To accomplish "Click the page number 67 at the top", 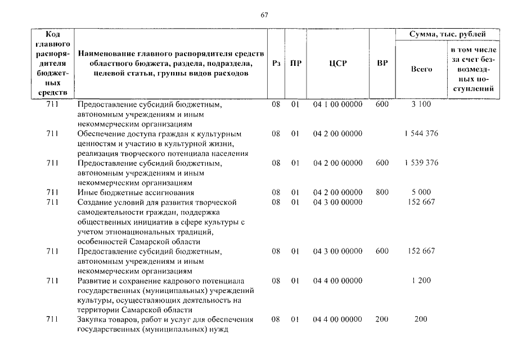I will pos(264,15).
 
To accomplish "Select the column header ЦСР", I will pos(337,64).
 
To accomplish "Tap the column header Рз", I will pos(276,64).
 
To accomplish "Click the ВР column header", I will pos(382,64).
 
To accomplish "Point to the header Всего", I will pos(421,69).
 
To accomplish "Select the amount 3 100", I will pos(421,105).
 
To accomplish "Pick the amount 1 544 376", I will pos(421,134).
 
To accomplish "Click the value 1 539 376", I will pos(421,163).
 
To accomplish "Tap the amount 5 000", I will pos(421,192).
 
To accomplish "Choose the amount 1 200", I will pos(421,280).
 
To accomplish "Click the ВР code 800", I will pos(382,192).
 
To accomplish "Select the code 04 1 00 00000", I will pos(337,105).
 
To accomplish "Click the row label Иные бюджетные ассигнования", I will pos(136,192).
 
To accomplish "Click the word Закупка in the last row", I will pos(92,319).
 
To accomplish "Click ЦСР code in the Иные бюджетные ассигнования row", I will pos(337,192).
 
